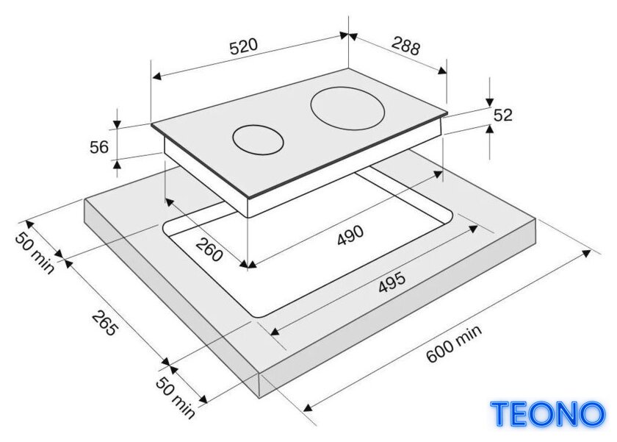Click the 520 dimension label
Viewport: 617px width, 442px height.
tap(244, 46)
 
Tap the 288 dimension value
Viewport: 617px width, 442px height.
tap(405, 46)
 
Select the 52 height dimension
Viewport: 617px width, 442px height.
tap(503, 115)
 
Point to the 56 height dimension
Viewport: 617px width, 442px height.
tap(98, 147)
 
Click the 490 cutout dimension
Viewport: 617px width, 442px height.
tap(350, 235)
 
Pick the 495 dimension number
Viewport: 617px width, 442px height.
tap(392, 282)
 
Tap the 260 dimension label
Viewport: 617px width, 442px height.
tap(209, 249)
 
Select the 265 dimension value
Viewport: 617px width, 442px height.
tap(104, 323)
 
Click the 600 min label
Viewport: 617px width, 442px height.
tap(454, 343)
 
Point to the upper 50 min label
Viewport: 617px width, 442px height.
tap(35, 253)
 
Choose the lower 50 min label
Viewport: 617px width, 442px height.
tap(176, 397)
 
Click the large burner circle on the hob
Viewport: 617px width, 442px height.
tap(347, 108)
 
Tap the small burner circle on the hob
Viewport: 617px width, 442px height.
tap(258, 140)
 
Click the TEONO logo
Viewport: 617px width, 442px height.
tap(548, 413)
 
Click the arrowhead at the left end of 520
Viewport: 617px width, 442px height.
tap(156, 76)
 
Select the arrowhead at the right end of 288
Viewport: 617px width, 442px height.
tap(442, 70)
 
